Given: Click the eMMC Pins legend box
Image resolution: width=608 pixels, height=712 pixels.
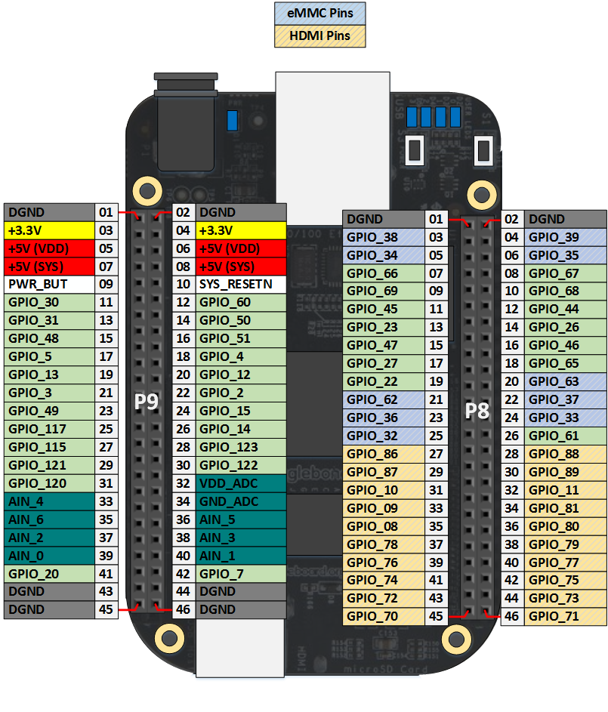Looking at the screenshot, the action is (319, 13).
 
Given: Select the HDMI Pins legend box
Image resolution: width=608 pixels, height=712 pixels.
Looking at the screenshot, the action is (319, 36).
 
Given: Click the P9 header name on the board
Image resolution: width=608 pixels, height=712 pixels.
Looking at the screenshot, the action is (147, 402).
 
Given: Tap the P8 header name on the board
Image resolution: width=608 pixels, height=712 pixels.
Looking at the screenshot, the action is (477, 411).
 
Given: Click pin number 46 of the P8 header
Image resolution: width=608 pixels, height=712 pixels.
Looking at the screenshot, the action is (512, 617).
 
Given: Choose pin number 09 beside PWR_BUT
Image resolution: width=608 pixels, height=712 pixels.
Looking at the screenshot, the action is (106, 284).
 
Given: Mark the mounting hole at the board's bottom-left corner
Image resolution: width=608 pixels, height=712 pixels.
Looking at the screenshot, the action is (169, 639).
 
